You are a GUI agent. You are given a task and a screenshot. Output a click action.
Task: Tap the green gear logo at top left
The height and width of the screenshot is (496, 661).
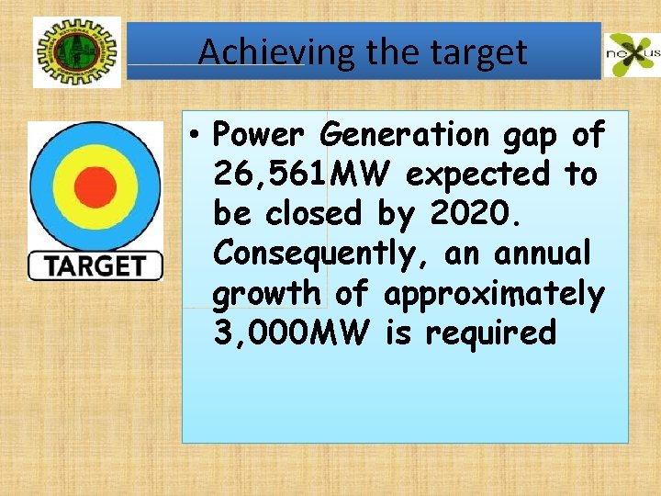[x=76, y=53]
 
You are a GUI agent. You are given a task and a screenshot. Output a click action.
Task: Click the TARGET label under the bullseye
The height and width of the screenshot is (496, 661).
[x=95, y=266]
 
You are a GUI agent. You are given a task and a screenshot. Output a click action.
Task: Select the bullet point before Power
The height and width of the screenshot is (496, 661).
[x=196, y=136]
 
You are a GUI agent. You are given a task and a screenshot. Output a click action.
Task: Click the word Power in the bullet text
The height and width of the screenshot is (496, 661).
[x=259, y=135]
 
